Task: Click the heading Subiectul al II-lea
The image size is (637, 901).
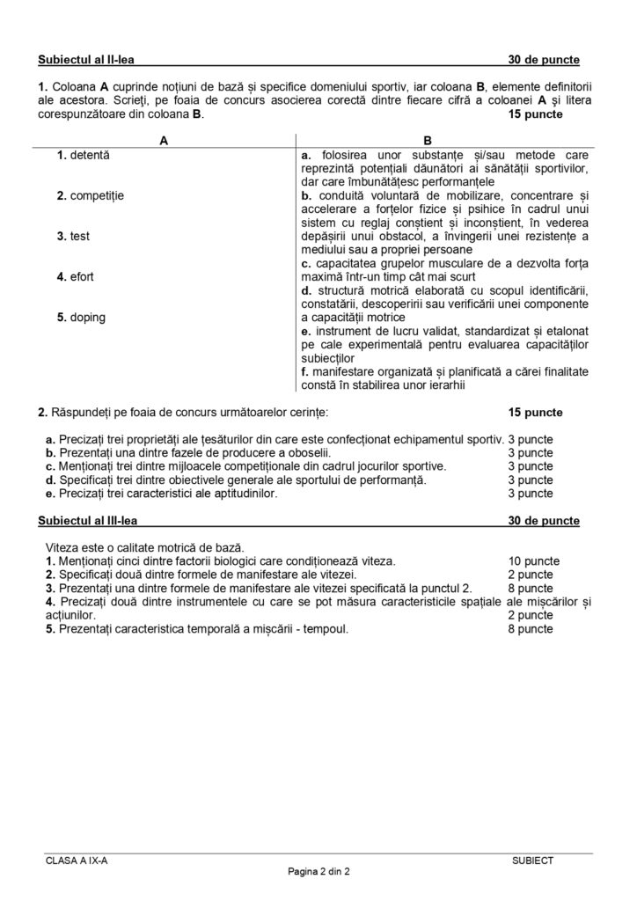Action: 86,60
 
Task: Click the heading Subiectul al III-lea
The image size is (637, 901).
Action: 88,521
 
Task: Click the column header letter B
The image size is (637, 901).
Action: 428,140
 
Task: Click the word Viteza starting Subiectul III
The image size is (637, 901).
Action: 62,547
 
